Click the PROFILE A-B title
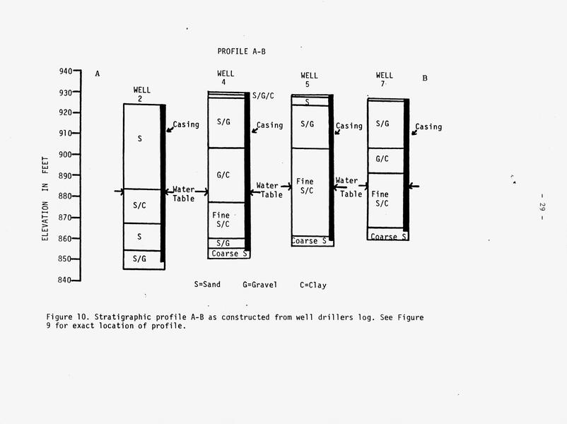click(x=241, y=52)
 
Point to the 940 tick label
click(x=66, y=71)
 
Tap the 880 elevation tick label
click(x=66, y=196)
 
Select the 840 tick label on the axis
click(x=64, y=280)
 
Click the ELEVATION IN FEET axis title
click(x=45, y=199)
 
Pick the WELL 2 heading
click(x=141, y=94)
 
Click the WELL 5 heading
click(x=309, y=80)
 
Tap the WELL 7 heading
click(x=384, y=80)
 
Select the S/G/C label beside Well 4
click(x=263, y=96)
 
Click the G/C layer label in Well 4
click(x=223, y=175)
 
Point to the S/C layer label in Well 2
click(x=139, y=206)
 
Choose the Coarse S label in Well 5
click(x=309, y=241)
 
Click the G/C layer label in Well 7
click(x=382, y=159)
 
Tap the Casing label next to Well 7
click(x=428, y=127)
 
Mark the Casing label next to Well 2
click(x=186, y=124)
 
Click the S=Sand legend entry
click(x=207, y=285)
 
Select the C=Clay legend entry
click(x=313, y=285)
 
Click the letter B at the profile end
click(x=425, y=78)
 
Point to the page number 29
click(x=542, y=207)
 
